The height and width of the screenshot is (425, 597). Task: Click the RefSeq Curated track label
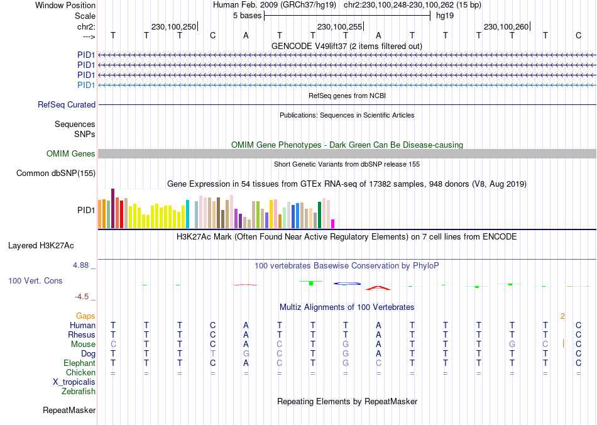click(x=67, y=105)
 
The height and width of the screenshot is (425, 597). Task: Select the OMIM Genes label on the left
click(x=71, y=154)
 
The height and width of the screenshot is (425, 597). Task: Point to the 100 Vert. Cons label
click(x=35, y=280)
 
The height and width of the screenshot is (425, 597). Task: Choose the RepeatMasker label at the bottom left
click(x=69, y=411)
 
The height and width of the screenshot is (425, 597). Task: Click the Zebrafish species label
click(x=79, y=392)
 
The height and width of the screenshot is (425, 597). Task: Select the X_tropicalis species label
click(x=74, y=382)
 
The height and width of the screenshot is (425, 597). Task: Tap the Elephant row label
click(x=79, y=363)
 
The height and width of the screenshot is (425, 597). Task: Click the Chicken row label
click(x=80, y=373)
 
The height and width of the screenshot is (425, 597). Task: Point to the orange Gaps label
click(x=85, y=316)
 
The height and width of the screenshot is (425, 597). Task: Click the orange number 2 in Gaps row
click(x=563, y=316)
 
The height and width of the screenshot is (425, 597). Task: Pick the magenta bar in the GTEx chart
click(x=333, y=224)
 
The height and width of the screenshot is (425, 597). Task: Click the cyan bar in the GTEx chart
click(x=187, y=214)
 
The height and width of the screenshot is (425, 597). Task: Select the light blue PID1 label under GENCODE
click(x=86, y=85)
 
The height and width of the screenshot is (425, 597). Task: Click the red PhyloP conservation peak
click(x=378, y=287)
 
